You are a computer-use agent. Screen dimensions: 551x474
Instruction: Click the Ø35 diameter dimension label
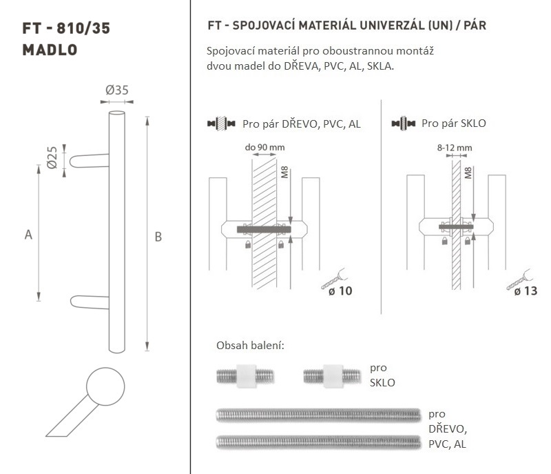tap(117, 90)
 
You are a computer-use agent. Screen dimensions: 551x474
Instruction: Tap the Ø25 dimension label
tap(52, 157)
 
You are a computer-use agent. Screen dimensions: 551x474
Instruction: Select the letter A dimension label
tap(28, 235)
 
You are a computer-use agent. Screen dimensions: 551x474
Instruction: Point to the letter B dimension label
tap(158, 237)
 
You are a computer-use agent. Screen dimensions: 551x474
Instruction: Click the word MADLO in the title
tap(50, 50)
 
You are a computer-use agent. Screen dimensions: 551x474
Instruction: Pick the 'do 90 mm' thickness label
tap(265, 147)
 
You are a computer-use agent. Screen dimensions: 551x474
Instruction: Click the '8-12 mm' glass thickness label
tap(455, 148)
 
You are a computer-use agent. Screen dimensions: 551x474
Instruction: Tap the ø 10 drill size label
tap(340, 291)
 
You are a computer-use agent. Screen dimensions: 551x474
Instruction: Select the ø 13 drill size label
tap(526, 291)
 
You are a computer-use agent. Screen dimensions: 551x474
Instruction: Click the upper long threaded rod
tap(318, 415)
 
